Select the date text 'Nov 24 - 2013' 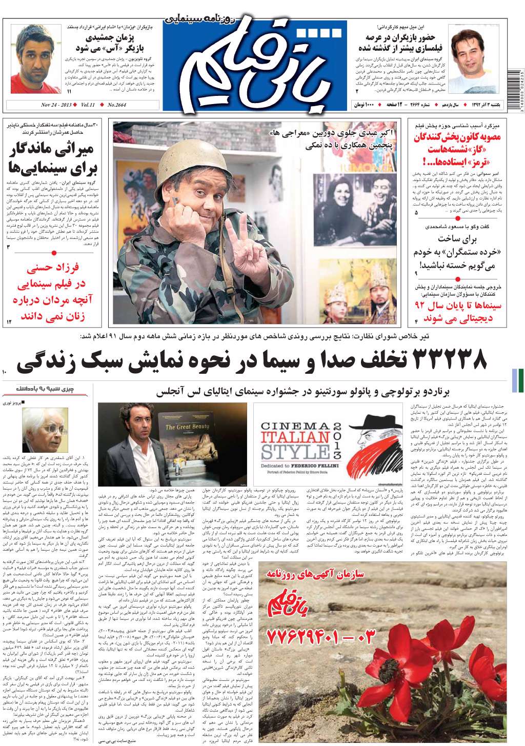56,105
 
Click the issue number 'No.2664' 117,105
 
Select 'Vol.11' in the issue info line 88,105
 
